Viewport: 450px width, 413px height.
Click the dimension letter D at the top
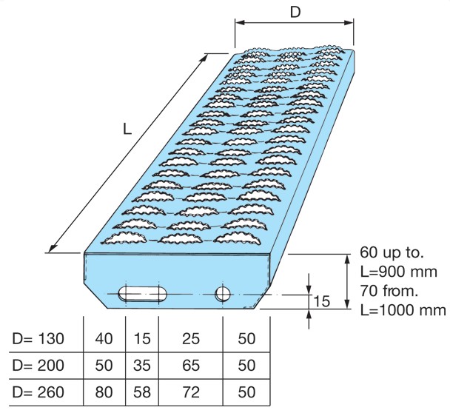(x=295, y=12)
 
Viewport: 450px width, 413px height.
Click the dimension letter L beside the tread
(x=127, y=129)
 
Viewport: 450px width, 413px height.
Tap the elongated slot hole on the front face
(x=143, y=294)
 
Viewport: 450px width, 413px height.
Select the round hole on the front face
(x=223, y=294)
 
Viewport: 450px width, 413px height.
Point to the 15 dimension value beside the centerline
(x=322, y=302)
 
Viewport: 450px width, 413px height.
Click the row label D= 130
(x=38, y=339)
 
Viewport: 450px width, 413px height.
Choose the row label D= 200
(x=38, y=366)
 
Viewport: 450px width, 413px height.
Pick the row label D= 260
(x=38, y=392)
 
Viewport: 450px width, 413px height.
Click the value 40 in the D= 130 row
(x=104, y=339)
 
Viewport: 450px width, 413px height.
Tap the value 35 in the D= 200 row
(x=142, y=366)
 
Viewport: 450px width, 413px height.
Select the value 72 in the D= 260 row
(x=190, y=392)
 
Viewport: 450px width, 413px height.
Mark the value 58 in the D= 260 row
(x=142, y=392)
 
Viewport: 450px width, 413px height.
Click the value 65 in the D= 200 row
(x=190, y=366)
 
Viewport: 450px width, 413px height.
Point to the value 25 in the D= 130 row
(x=190, y=339)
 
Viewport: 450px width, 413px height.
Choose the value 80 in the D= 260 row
(x=104, y=392)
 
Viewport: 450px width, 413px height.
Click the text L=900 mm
(x=399, y=272)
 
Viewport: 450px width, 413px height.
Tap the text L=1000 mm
(x=403, y=310)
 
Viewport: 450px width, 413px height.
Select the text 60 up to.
(x=392, y=252)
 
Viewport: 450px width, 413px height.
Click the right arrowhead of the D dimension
(x=349, y=23)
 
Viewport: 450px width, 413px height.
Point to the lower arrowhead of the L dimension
(x=53, y=247)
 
